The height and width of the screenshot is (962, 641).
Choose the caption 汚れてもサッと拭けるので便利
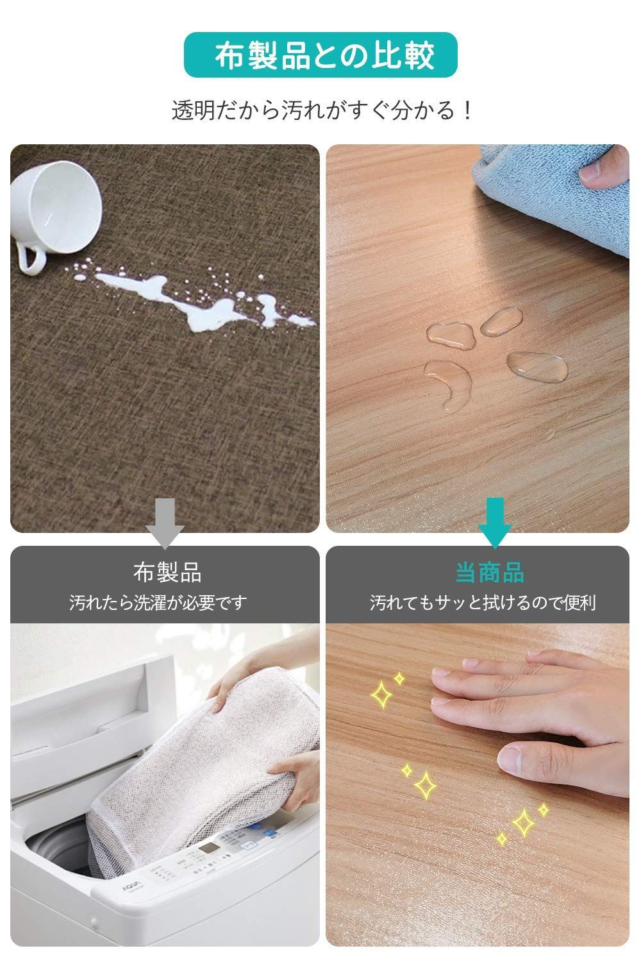(483, 603)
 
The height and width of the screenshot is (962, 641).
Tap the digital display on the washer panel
(210, 850)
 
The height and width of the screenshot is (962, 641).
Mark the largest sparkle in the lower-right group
(522, 822)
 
